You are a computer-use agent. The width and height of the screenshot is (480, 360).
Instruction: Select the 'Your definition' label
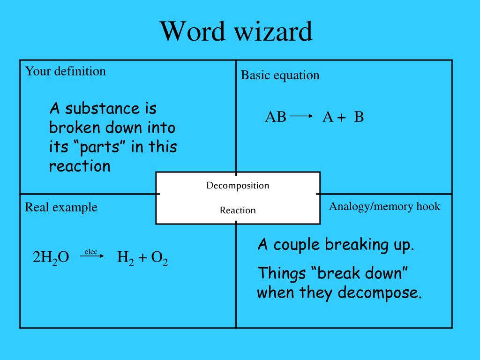pyautogui.click(x=65, y=71)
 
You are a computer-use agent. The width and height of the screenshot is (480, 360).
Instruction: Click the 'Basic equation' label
pyautogui.click(x=280, y=75)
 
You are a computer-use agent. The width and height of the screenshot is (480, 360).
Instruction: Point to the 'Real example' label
pyautogui.click(x=61, y=207)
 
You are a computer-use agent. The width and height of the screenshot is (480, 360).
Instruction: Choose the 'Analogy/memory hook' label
pyautogui.click(x=384, y=206)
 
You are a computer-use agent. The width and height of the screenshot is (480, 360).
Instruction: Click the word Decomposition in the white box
pyautogui.click(x=238, y=185)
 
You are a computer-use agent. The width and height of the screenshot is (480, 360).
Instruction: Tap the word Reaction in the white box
pyautogui.click(x=238, y=210)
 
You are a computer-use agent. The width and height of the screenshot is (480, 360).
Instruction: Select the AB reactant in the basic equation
pyautogui.click(x=276, y=117)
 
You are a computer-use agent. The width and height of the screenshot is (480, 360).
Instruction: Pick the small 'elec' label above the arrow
pyautogui.click(x=91, y=252)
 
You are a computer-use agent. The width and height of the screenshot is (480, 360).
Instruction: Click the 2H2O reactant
pyautogui.click(x=51, y=257)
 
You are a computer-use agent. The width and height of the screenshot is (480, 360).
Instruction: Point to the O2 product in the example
pyautogui.click(x=159, y=257)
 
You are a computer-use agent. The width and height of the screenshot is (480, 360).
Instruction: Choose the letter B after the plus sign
pyautogui.click(x=359, y=117)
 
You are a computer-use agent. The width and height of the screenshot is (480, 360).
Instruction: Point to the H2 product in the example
pyautogui.click(x=125, y=257)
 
